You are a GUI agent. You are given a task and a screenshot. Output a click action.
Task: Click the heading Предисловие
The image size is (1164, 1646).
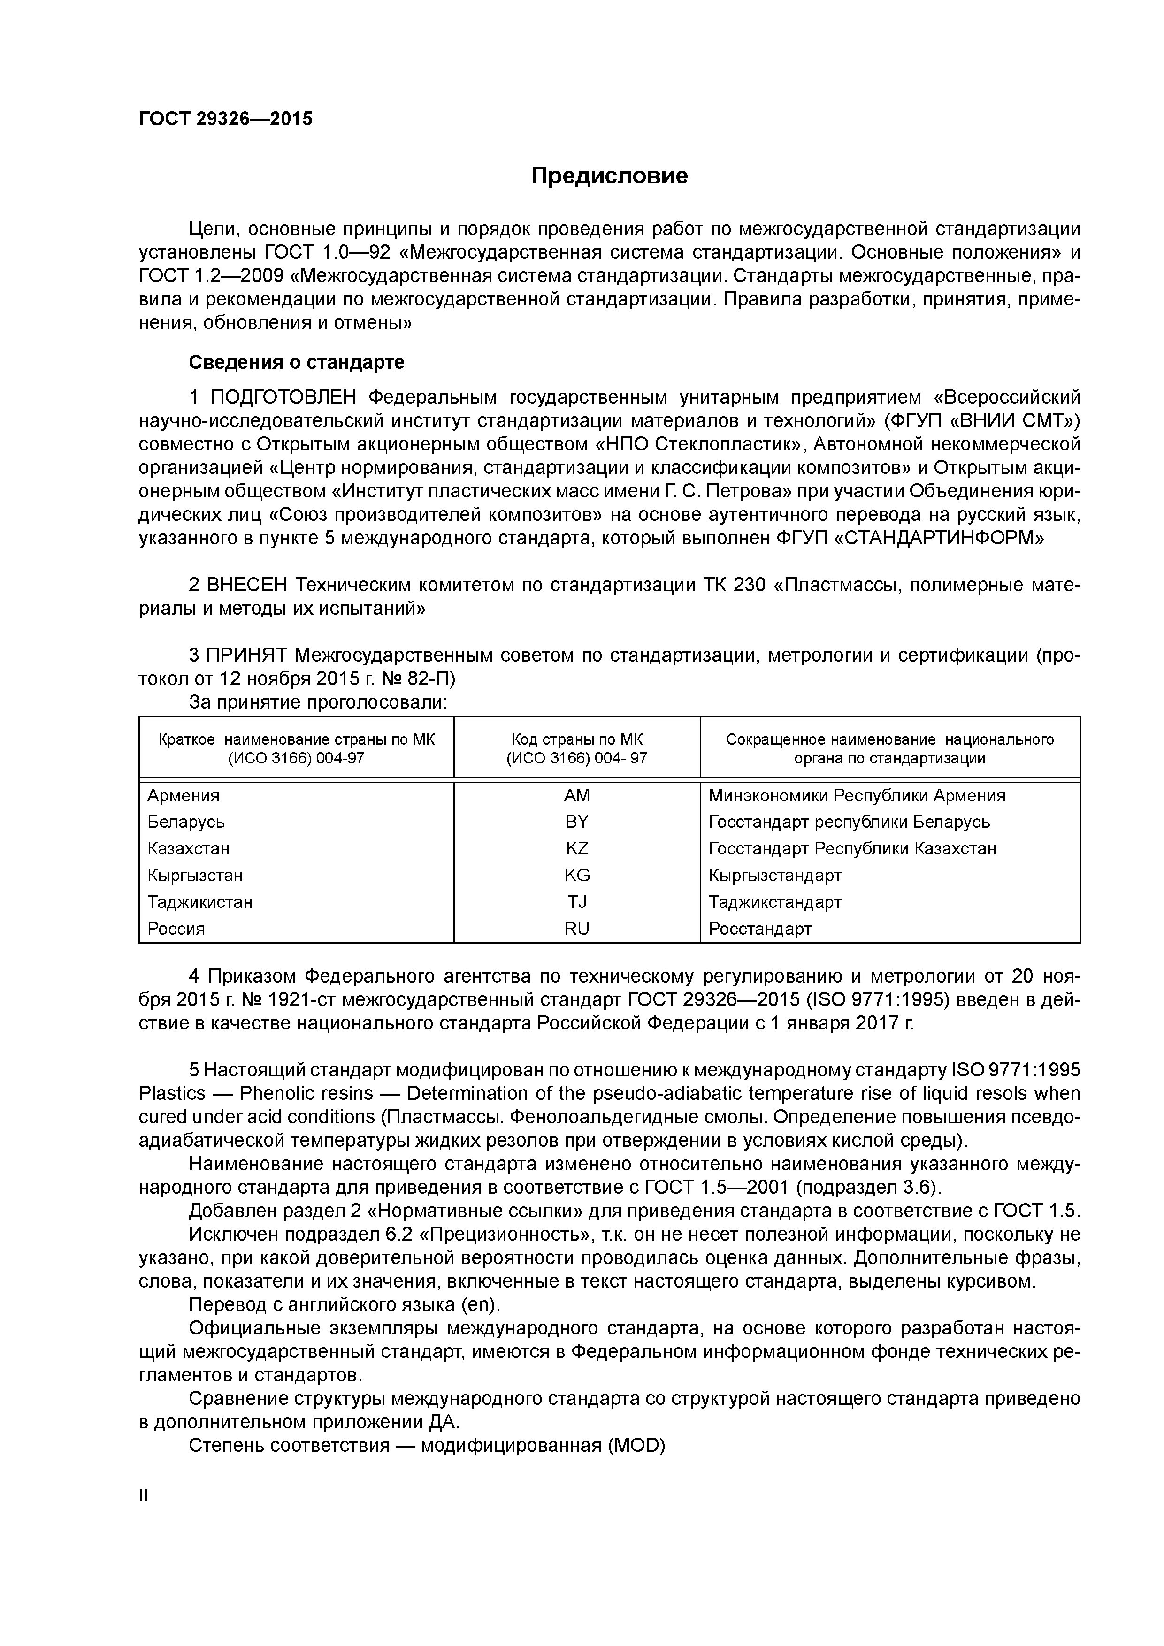click(x=609, y=175)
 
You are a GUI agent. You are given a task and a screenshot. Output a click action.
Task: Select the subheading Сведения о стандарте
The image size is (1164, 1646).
click(x=296, y=363)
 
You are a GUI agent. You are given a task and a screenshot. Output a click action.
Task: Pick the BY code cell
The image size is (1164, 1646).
click(x=577, y=822)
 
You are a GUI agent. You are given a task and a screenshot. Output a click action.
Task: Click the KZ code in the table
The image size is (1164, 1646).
click(x=577, y=849)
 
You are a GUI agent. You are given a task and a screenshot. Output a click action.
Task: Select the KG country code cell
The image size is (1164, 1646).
click(x=577, y=876)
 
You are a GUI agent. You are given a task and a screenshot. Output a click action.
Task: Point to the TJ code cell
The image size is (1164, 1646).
click(x=577, y=902)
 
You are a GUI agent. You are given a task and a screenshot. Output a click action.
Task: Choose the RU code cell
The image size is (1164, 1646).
click(x=577, y=929)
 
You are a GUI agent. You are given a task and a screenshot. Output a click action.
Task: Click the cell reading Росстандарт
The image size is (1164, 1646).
click(x=760, y=929)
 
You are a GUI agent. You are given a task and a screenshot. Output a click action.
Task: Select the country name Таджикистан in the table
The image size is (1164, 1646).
click(x=200, y=902)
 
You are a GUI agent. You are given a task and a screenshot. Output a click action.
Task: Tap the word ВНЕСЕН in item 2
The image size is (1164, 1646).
click(x=247, y=586)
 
